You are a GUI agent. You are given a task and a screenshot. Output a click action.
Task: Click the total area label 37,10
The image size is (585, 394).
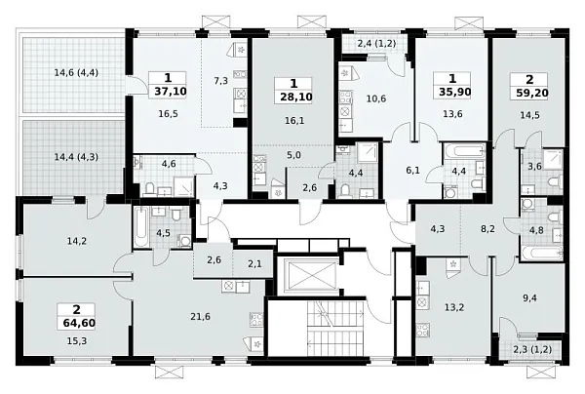(170, 91)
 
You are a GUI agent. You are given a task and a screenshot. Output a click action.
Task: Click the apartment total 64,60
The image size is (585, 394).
(79, 323)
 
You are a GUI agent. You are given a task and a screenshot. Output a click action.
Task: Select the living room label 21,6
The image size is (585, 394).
(200, 317)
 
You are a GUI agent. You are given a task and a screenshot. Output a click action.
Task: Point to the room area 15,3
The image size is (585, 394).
(77, 340)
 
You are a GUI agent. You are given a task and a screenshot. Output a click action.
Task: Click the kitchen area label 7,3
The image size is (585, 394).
(221, 81)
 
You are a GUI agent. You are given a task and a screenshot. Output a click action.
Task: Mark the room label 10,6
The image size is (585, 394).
(376, 98)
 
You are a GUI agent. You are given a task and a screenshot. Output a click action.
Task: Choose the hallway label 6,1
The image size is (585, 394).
(412, 171)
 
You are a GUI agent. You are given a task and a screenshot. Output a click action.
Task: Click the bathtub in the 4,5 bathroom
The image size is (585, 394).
(141, 227)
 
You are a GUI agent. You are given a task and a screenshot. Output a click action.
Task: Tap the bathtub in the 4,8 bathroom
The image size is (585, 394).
(541, 253)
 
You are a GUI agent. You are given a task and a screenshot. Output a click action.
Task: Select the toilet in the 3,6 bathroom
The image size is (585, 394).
(555, 182)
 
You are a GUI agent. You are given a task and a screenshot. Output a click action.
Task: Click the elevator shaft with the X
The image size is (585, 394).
(310, 275)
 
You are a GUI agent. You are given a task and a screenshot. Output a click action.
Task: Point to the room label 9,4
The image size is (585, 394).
(529, 297)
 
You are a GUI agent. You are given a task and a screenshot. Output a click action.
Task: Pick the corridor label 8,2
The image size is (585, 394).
(487, 229)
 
